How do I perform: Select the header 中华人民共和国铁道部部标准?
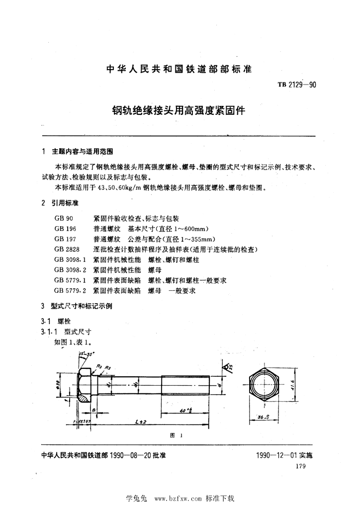point(180,69)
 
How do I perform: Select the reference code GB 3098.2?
point(70,270)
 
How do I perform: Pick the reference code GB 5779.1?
point(70,280)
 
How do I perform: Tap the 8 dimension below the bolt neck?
point(93,410)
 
